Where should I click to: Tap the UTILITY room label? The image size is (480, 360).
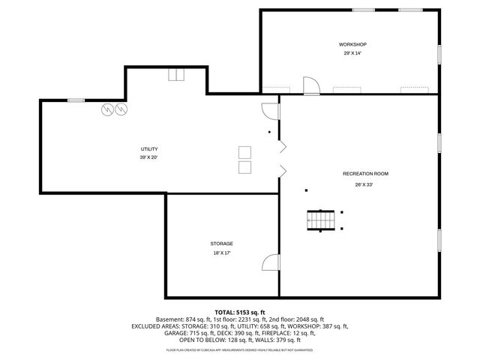click(148, 148)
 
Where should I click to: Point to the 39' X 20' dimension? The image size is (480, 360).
click(148, 157)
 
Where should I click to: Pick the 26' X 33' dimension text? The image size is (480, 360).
click(364, 184)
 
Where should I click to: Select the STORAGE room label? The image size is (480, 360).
click(221, 244)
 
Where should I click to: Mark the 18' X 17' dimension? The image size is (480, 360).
click(221, 253)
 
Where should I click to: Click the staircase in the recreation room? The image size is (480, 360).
click(320, 220)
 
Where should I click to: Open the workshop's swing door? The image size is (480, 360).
click(310, 85)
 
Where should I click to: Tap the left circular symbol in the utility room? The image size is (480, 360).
click(109, 109)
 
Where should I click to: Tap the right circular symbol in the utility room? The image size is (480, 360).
click(121, 109)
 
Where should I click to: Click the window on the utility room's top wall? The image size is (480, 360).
click(76, 100)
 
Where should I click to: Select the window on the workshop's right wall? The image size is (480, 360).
click(439, 54)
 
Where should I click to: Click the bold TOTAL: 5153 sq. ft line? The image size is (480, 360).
click(239, 312)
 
